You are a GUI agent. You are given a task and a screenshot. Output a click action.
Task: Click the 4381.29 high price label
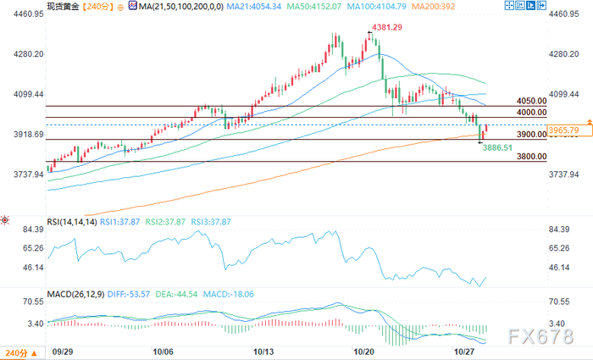(387, 27)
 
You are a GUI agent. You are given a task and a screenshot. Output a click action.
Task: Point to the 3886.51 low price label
(497, 148)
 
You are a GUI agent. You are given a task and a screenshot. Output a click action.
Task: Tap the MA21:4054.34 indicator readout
(254, 7)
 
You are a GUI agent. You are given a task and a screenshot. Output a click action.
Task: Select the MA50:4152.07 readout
(314, 7)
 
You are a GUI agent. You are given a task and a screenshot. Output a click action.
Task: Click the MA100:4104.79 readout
(377, 7)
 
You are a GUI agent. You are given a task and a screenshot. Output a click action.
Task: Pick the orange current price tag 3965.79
(564, 130)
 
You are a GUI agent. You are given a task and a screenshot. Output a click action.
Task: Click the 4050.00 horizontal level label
(532, 101)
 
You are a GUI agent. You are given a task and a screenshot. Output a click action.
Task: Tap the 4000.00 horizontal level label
(532, 113)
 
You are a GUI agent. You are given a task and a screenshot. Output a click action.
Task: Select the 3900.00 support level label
(532, 134)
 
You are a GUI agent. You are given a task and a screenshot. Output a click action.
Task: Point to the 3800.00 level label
(532, 156)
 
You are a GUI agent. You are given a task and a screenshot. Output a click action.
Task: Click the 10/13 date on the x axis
(263, 352)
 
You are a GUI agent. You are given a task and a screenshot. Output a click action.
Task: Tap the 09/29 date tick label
(63, 352)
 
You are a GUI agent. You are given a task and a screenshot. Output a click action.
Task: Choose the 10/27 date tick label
(463, 352)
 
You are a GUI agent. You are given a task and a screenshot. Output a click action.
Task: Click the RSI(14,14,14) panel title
(72, 222)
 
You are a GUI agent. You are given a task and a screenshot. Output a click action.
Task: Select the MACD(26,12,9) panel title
(75, 294)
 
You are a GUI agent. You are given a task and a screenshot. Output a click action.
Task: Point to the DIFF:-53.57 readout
(129, 294)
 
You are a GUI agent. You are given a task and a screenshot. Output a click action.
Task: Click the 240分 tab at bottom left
(21, 353)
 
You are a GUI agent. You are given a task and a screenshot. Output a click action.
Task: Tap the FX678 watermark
(540, 336)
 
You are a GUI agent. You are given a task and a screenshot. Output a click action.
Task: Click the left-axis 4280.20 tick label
(29, 54)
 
